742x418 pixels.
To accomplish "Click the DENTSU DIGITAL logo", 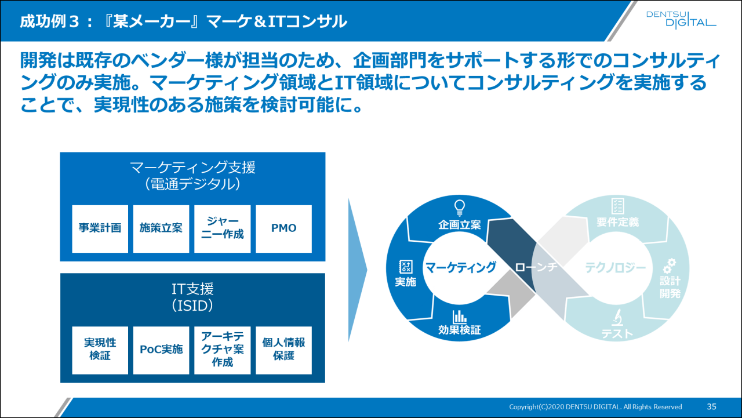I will (x=681, y=19).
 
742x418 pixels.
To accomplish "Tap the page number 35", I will (x=712, y=406).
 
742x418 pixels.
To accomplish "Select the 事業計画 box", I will (x=100, y=228).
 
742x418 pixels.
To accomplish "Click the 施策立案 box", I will (x=161, y=228).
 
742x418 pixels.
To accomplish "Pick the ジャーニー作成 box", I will (x=223, y=228).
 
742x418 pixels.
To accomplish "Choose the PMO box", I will (x=283, y=228).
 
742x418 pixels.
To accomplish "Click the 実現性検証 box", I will (x=100, y=350).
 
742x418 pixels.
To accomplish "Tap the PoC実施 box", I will (x=161, y=350).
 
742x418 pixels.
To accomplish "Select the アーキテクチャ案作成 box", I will (x=223, y=350).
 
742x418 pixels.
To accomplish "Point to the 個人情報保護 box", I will (x=283, y=350).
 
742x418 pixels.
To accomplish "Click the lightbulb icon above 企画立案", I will (x=460, y=206).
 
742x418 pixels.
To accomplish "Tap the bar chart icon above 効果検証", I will (x=460, y=316).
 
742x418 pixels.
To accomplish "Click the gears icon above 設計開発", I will (x=670, y=266).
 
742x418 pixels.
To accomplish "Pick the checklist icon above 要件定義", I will (x=617, y=206).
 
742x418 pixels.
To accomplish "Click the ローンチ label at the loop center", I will (x=536, y=267).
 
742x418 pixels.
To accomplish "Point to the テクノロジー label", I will (x=615, y=267).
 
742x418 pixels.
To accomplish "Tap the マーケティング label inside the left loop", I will (x=461, y=267).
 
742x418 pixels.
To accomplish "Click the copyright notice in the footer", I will (x=595, y=407).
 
